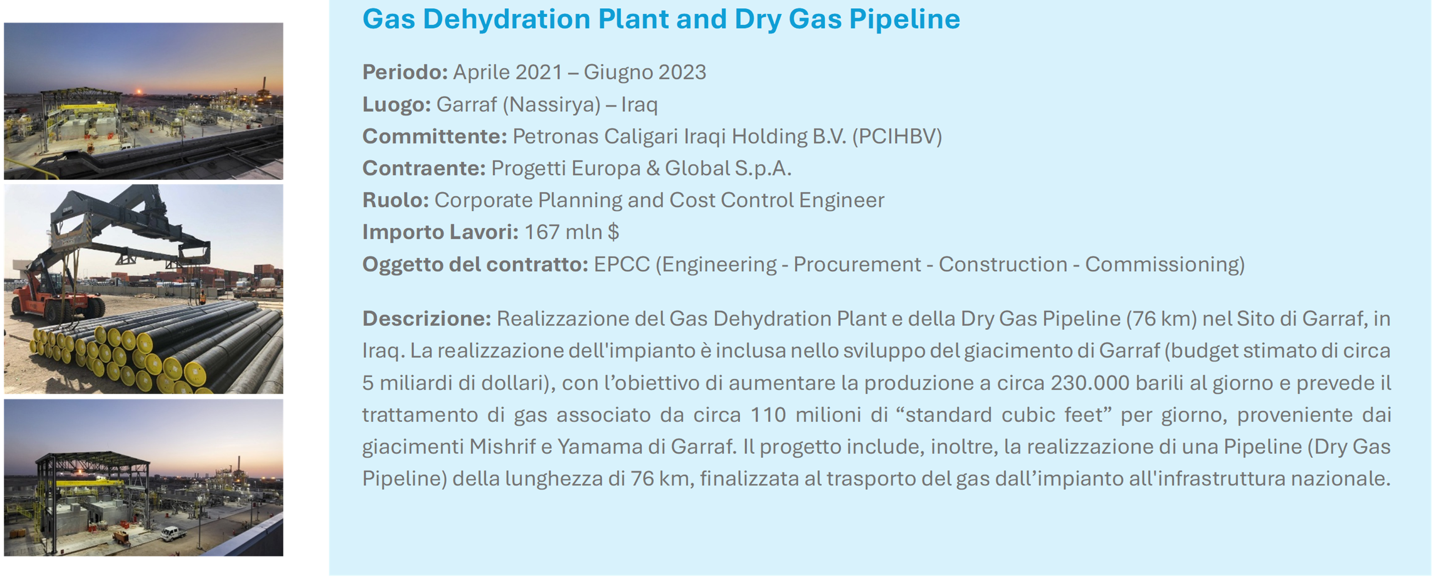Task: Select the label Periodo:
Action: [405, 72]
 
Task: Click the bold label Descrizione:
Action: [426, 319]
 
